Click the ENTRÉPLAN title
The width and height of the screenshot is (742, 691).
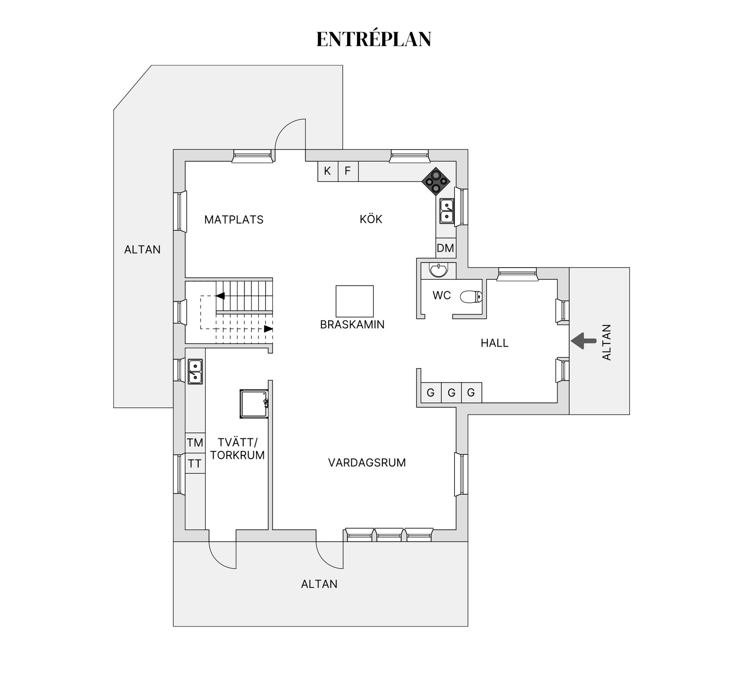pyautogui.click(x=373, y=39)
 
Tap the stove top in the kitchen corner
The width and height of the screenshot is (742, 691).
pyautogui.click(x=436, y=181)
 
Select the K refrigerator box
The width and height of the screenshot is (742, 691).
pyautogui.click(x=328, y=171)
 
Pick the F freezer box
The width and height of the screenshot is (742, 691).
pyautogui.click(x=348, y=171)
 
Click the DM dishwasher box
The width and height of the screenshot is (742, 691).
pyautogui.click(x=446, y=248)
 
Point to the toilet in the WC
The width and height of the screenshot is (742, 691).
pyautogui.click(x=471, y=297)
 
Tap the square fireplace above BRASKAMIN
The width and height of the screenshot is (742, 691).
pyautogui.click(x=354, y=301)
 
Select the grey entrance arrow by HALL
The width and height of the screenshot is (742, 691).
pyautogui.click(x=584, y=341)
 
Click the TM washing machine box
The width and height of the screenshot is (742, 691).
pyautogui.click(x=195, y=443)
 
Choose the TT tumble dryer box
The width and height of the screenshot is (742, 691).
pyautogui.click(x=195, y=463)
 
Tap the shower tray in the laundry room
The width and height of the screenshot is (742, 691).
pyautogui.click(x=254, y=404)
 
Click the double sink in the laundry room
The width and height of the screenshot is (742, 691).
pyautogui.click(x=195, y=372)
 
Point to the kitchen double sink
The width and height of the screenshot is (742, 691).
pyautogui.click(x=447, y=211)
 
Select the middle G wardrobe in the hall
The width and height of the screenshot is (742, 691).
pyautogui.click(x=451, y=393)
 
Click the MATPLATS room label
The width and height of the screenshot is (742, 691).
pyautogui.click(x=234, y=220)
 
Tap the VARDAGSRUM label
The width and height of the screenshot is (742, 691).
pyautogui.click(x=367, y=462)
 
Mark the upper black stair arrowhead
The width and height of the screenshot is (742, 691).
pyautogui.click(x=220, y=296)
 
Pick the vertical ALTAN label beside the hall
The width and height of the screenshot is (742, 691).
pyautogui.click(x=606, y=343)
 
